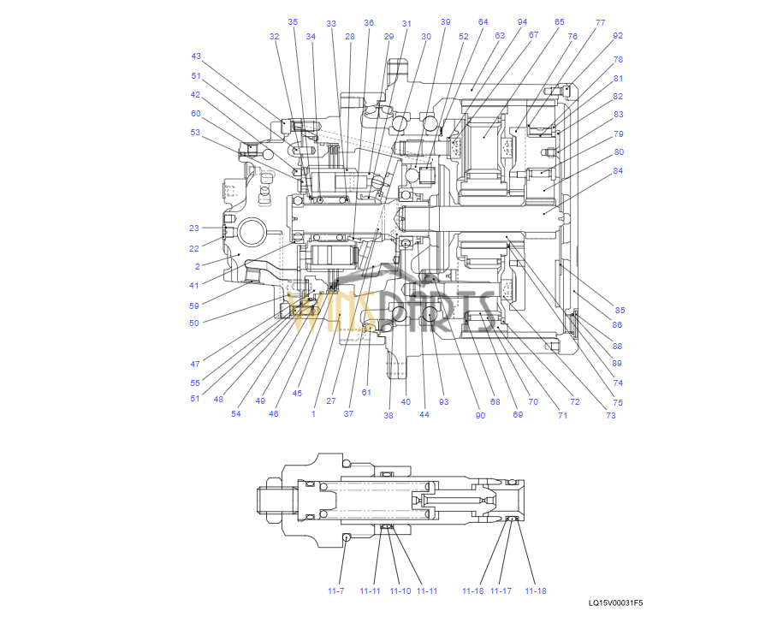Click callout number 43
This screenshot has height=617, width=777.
[x=196, y=56]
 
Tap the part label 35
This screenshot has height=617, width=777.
[x=293, y=21]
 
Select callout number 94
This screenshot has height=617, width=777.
[x=522, y=21]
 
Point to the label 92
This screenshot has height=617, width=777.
[x=618, y=36]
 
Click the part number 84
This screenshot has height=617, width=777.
[x=618, y=171]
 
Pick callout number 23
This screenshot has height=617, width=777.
[x=194, y=228]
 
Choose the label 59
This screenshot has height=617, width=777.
[x=194, y=306]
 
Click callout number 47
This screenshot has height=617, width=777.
[x=195, y=365]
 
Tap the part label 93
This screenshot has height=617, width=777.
[x=443, y=402]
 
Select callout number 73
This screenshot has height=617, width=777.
[x=611, y=415]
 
